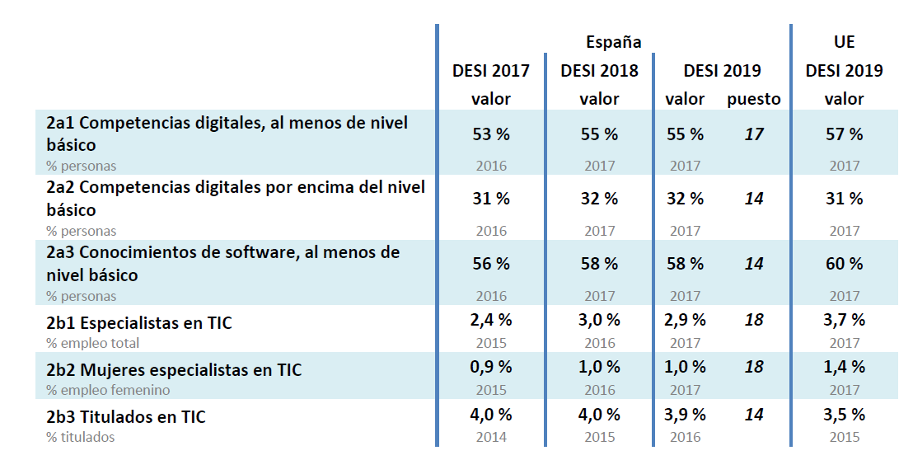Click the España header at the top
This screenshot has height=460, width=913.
point(613,42)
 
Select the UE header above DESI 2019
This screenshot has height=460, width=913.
point(844,42)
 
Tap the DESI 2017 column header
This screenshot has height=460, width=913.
point(490,71)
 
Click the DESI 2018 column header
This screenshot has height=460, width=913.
point(599,71)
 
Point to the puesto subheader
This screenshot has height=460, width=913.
point(753,99)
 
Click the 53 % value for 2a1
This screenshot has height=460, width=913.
point(490,134)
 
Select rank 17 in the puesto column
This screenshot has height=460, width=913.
point(753,134)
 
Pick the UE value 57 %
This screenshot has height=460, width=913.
point(844,134)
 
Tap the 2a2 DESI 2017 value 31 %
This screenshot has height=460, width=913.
point(490,199)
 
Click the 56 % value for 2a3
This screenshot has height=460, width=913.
point(490,264)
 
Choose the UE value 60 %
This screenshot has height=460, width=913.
point(844,264)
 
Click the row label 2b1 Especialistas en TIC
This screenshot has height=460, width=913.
point(139,323)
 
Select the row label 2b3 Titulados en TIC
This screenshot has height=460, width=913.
point(126,417)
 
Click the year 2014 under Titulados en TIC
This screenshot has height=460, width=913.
point(490,437)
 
